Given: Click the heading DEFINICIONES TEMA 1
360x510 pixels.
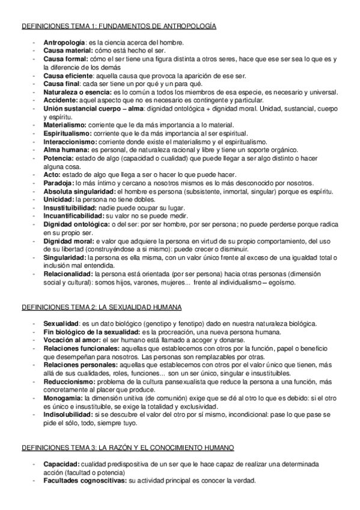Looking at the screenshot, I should tap(119, 27).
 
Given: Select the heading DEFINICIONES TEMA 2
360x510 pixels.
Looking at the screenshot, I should tap(102, 307).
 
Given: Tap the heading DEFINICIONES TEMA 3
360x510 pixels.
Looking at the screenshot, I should tap(128, 448).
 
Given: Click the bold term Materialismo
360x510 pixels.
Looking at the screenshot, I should tap(65, 124).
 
